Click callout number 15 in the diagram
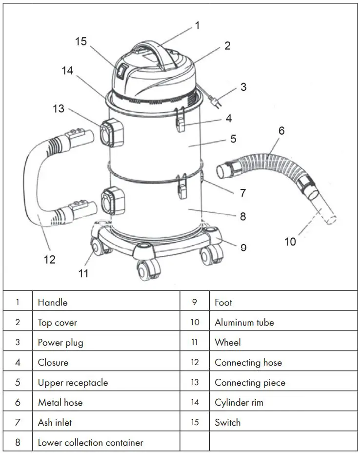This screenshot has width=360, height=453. click(x=81, y=41)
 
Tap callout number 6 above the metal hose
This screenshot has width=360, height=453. click(x=281, y=130)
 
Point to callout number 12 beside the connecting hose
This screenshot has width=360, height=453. click(x=50, y=259)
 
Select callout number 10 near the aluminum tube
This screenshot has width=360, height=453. click(x=290, y=241)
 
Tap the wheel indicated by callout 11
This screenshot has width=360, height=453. click(x=100, y=248)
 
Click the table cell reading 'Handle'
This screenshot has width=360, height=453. click(x=53, y=302)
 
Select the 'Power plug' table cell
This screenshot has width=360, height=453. click(x=60, y=342)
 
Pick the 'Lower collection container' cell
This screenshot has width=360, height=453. click(x=91, y=443)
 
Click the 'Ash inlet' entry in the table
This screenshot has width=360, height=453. click(x=55, y=422)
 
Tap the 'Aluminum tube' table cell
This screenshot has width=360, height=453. click(x=244, y=322)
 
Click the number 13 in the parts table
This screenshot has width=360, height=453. click(x=195, y=382)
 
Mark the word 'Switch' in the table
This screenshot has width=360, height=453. click(x=227, y=423)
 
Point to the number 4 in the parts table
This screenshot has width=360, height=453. click(x=18, y=362)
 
